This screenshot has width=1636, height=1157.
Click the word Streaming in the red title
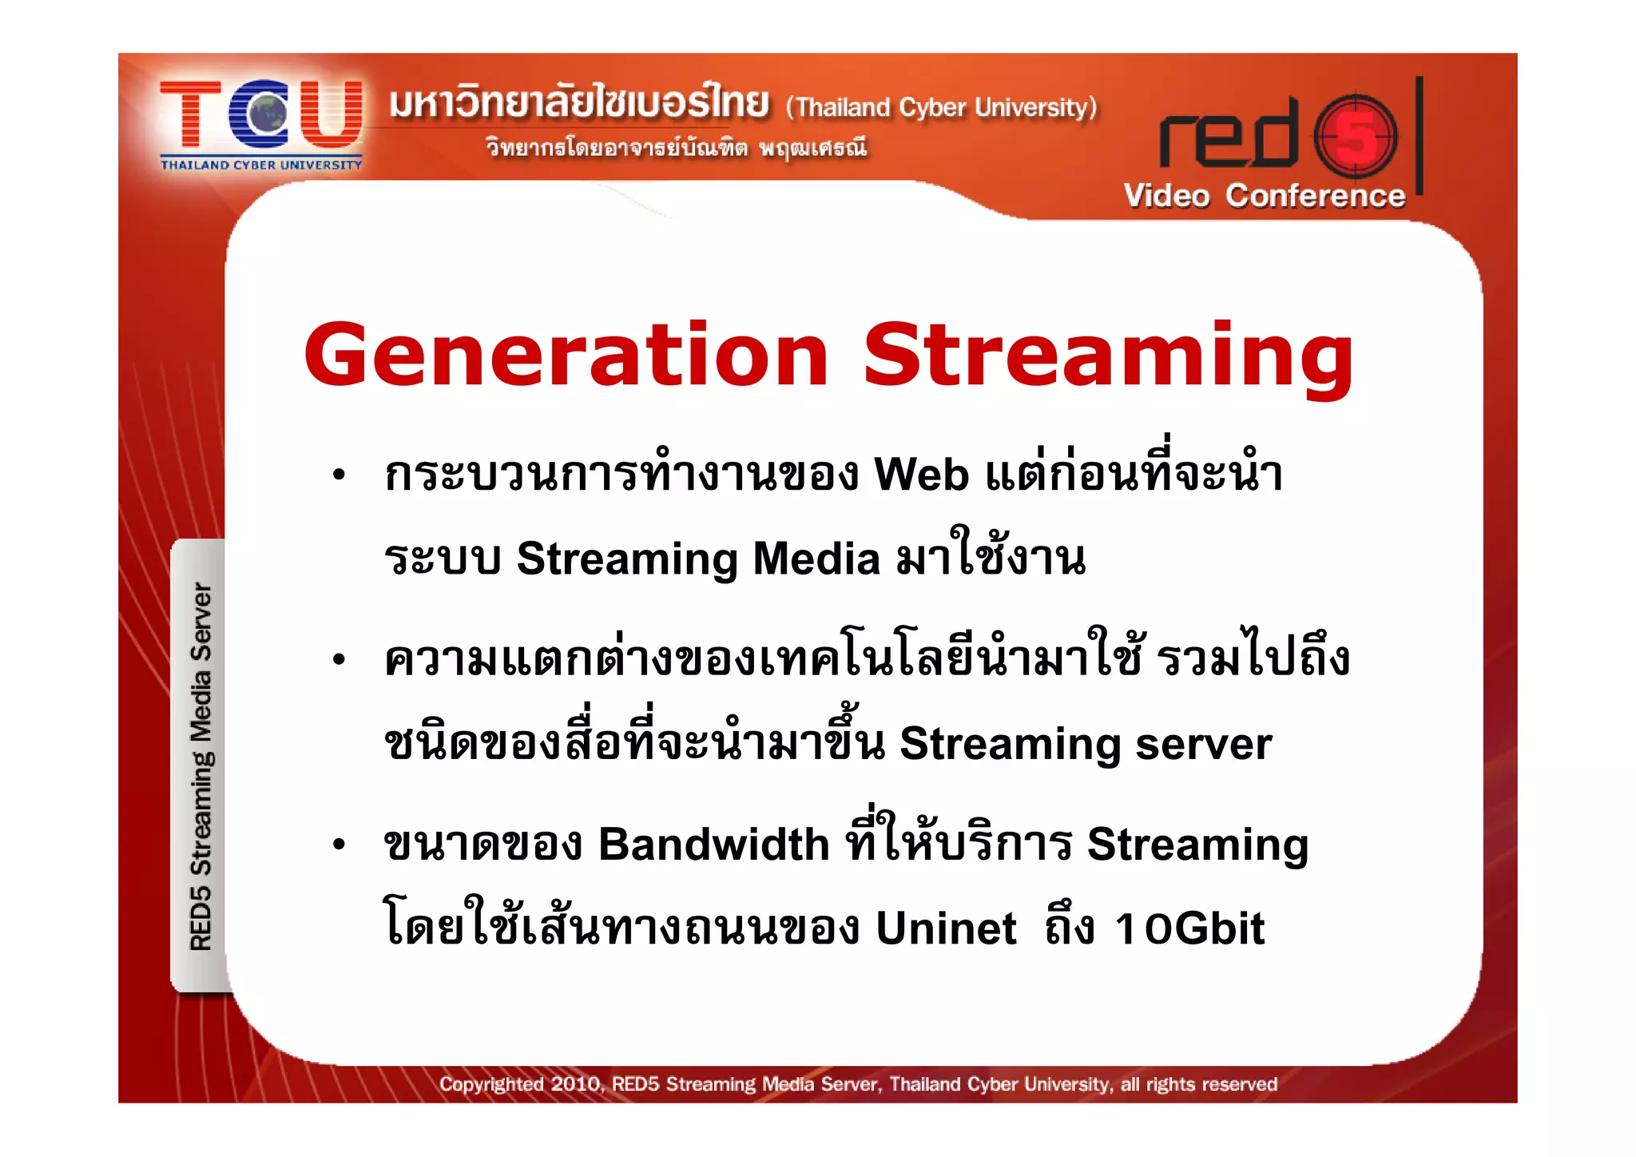pyautogui.click(x=1108, y=356)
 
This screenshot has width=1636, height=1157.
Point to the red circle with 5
pyautogui.click(x=1356, y=137)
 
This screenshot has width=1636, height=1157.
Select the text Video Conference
pyautogui.click(x=1264, y=196)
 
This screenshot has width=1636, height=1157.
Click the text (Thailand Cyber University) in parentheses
pyautogui.click(x=941, y=107)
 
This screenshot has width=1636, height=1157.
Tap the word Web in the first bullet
pyautogui.click(x=921, y=475)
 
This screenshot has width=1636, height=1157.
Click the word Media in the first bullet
pyautogui.click(x=816, y=559)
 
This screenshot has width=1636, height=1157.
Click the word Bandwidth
pyautogui.click(x=714, y=845)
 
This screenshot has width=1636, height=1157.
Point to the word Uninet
pyautogui.click(x=946, y=928)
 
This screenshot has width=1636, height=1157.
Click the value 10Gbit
pyautogui.click(x=1189, y=928)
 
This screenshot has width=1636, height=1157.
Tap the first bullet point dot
pyautogui.click(x=339, y=475)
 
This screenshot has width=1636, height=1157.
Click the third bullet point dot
pyautogui.click(x=339, y=845)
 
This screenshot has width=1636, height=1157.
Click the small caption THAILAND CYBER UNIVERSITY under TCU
pyautogui.click(x=261, y=165)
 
